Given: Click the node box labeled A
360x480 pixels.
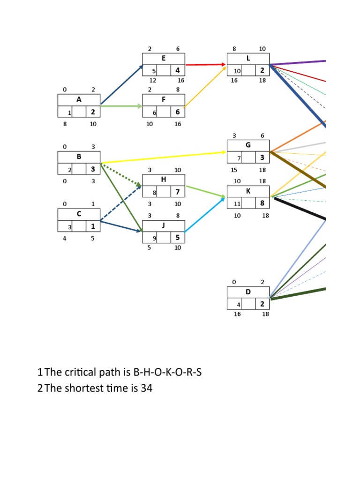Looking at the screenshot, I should tap(79, 100).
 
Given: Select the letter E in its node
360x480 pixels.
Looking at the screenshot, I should tap(164, 59).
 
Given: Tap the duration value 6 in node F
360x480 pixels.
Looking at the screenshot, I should tap(178, 112).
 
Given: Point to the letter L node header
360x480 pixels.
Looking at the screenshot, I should tap(248, 59).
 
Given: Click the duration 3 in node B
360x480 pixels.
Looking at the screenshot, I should tap(93, 169).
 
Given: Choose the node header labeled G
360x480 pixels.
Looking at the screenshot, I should tap(248, 145).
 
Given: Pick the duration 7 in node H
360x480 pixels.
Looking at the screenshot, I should tap(178, 192).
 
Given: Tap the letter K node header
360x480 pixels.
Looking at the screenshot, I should tap(248, 192).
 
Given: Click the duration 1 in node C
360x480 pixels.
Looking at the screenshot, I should tap(93, 226).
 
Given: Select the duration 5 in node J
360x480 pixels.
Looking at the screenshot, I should tap(178, 238).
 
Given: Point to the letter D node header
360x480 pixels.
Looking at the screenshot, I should tap(248, 292).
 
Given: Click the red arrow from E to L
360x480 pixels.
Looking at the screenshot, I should tap(205, 64).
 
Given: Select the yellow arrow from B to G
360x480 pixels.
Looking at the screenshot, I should tap(164, 157).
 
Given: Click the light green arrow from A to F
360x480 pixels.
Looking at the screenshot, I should tap(121, 106).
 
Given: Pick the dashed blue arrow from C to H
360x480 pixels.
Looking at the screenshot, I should tap(121, 203).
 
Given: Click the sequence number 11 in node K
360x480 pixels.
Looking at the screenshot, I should tap(237, 204).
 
